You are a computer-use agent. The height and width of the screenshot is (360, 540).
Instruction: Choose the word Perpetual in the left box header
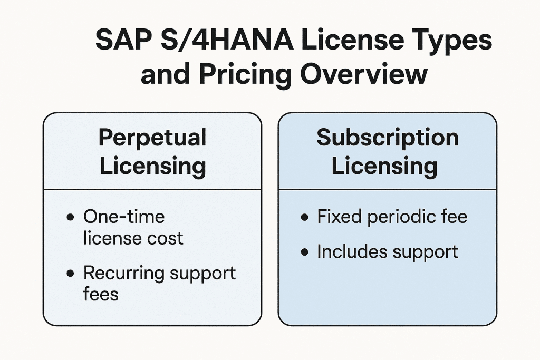[x=152, y=139]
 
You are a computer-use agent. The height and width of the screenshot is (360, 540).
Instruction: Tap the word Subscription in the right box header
[x=388, y=138]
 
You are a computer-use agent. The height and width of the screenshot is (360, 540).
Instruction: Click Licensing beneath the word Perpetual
[x=152, y=166]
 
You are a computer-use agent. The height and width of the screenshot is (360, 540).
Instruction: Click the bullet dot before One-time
[x=71, y=218]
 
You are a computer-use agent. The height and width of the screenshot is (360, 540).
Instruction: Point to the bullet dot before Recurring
[x=71, y=274]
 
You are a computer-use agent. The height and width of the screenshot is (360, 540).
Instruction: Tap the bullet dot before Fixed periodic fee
[x=304, y=218]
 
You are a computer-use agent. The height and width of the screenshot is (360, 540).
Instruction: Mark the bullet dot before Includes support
[x=304, y=252]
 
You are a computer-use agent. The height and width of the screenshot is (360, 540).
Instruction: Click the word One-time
[x=124, y=217]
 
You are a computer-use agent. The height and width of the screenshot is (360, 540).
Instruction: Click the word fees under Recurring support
[x=101, y=293]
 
